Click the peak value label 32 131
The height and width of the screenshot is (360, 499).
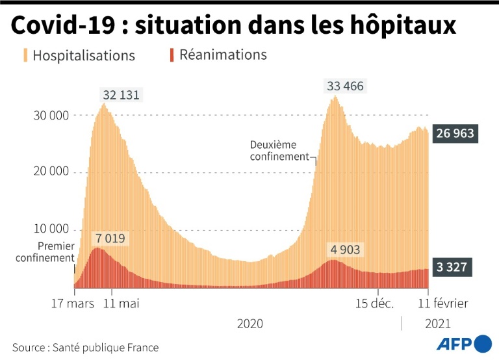122,95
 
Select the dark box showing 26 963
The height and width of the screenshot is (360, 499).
454,134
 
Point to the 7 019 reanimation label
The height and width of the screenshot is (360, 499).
111,238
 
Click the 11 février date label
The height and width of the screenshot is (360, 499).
442,303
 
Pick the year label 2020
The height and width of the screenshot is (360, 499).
250,324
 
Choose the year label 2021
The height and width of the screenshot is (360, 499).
437,324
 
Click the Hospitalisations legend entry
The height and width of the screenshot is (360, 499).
79,55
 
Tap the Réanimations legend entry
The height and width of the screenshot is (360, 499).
218,55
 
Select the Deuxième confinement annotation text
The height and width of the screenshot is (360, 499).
279,151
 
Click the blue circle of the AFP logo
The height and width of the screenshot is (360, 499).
483,343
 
